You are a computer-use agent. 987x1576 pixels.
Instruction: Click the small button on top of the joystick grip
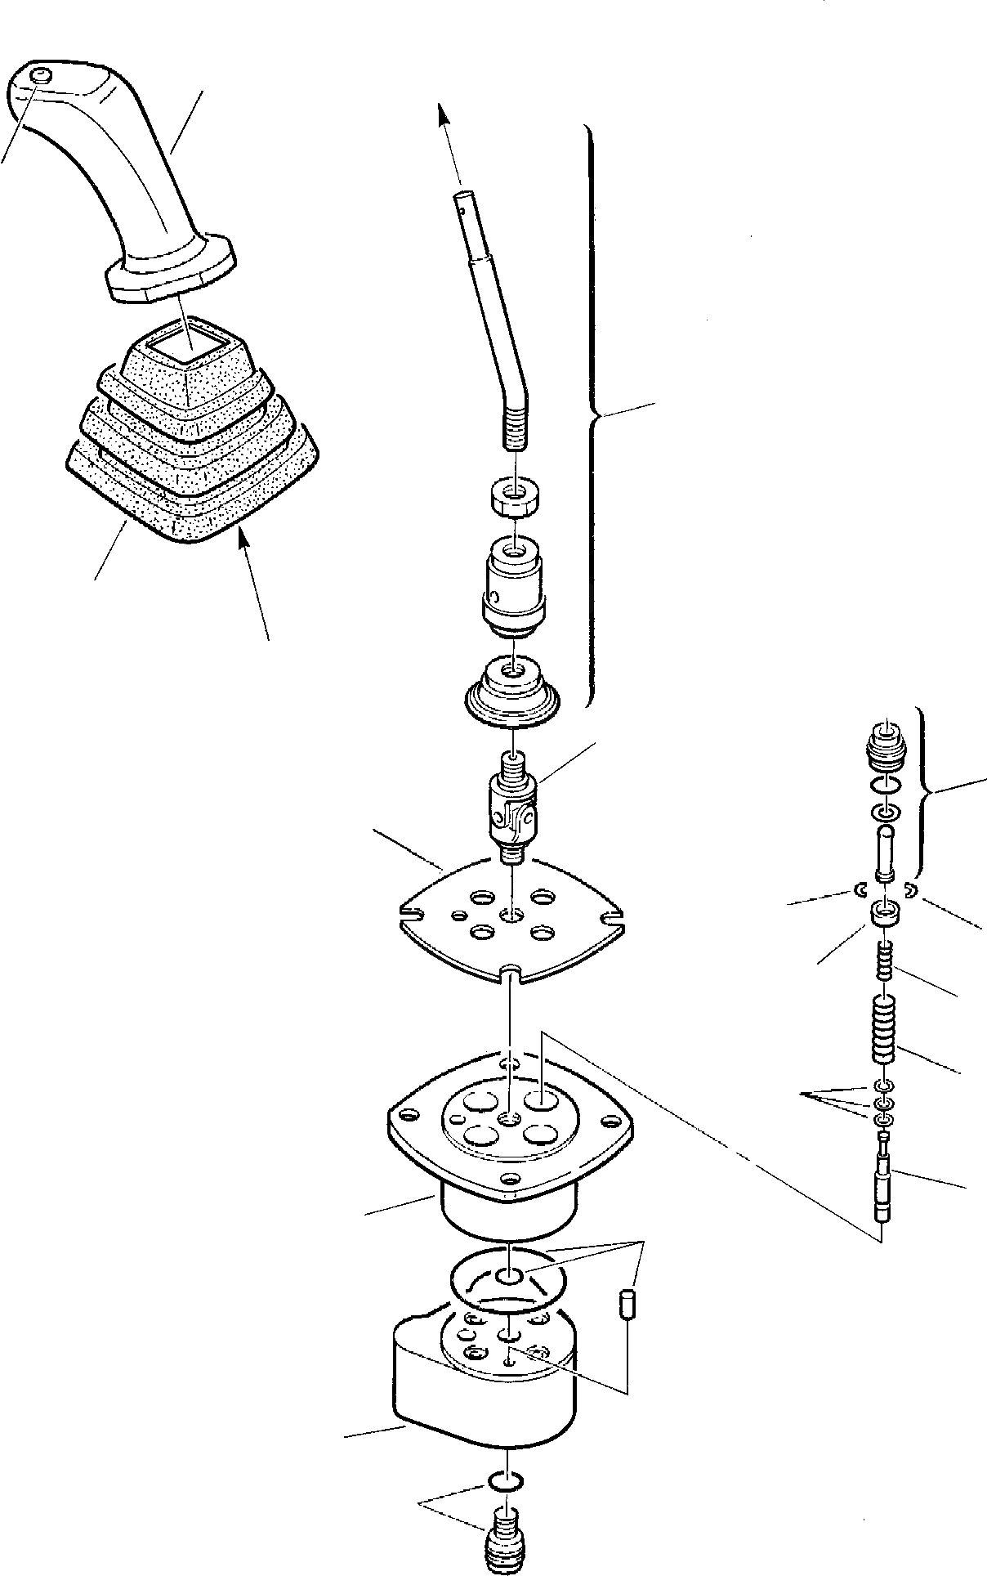tap(41, 77)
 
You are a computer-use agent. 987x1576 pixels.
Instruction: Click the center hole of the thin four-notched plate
tap(511, 913)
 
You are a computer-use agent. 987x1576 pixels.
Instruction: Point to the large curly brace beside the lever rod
tap(595, 417)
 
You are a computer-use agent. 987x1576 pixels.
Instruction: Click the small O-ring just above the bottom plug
tap(506, 1479)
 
